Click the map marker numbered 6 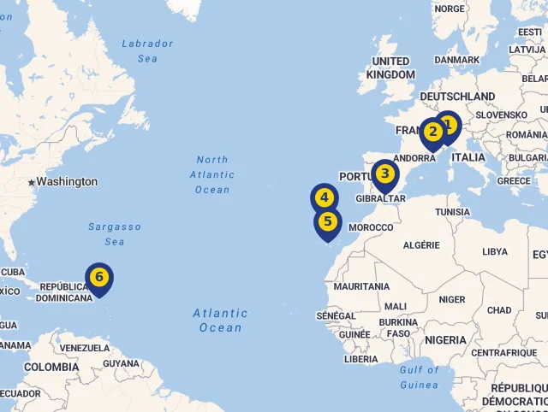[99, 278]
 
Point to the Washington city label [67, 182]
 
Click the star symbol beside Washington [32, 182]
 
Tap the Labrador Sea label [147, 50]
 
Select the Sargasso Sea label [114, 234]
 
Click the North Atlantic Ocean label [212, 174]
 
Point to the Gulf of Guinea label [419, 377]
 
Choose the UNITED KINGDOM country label [390, 68]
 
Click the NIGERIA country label [444, 340]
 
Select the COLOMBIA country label [51, 368]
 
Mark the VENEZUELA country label [84, 349]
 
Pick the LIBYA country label [495, 252]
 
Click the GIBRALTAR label [380, 198]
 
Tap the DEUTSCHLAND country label [456, 97]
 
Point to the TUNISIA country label [452, 212]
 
